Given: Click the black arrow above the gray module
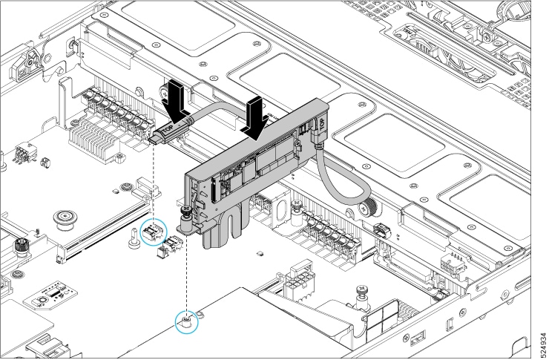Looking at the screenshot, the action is (x=256, y=119).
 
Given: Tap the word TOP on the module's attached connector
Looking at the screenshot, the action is (x=322, y=124).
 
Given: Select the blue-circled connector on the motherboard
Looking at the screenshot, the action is (x=154, y=232).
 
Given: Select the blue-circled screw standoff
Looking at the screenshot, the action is (x=187, y=321).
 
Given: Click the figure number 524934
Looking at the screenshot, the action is (x=543, y=344).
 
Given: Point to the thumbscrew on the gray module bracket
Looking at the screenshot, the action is (x=185, y=217).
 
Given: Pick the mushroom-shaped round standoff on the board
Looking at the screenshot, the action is (x=64, y=220).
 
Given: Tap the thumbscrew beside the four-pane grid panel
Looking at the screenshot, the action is (x=362, y=297).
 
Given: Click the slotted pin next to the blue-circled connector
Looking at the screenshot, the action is (x=134, y=238).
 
